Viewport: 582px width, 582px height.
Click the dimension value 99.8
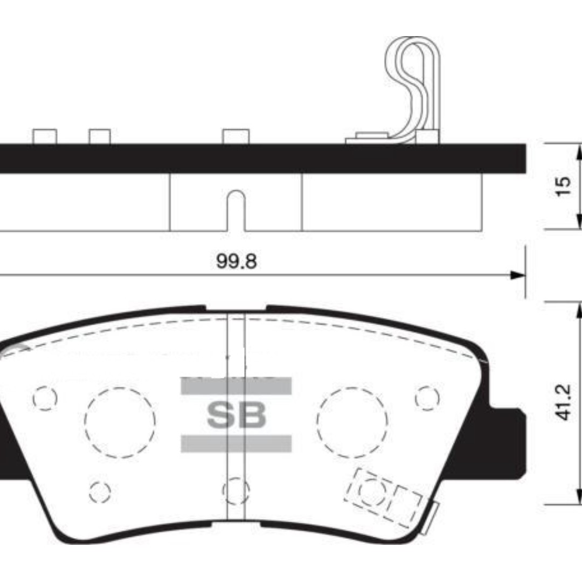(x=237, y=262)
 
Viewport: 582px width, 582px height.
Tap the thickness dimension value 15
(x=562, y=186)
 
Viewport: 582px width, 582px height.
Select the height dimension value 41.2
(x=562, y=403)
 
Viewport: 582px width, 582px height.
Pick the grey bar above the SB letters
(x=236, y=386)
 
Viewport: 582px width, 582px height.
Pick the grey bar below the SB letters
(x=236, y=444)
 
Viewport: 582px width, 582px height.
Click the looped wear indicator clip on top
(x=415, y=81)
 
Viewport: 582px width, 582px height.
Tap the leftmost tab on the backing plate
(x=45, y=136)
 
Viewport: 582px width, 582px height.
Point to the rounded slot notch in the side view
(x=236, y=210)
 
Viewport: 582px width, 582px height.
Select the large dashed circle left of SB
(x=120, y=422)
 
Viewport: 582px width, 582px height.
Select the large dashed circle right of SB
(x=352, y=422)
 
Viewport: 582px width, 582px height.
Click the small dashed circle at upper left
(x=45, y=398)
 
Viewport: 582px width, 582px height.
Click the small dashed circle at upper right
(x=427, y=397)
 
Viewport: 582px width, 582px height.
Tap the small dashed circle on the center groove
(x=236, y=489)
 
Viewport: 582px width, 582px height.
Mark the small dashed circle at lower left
(x=100, y=491)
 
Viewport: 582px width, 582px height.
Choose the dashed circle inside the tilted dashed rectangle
(x=372, y=490)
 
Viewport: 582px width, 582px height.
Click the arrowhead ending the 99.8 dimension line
(x=518, y=275)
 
